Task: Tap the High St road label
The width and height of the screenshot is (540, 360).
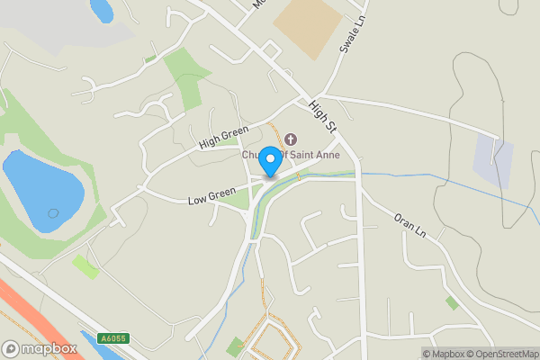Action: pyautogui.click(x=321, y=113)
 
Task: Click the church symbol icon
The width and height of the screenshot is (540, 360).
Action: pyautogui.click(x=290, y=139)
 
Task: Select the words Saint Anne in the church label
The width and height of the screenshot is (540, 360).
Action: pyautogui.click(x=310, y=155)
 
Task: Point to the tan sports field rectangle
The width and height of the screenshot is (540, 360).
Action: pyautogui.click(x=309, y=28)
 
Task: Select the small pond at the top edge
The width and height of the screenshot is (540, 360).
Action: pyautogui.click(x=102, y=9)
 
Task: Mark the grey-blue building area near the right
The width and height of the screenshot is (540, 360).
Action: pyautogui.click(x=493, y=162)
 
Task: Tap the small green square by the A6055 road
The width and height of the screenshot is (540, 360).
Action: pyautogui.click(x=85, y=266)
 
